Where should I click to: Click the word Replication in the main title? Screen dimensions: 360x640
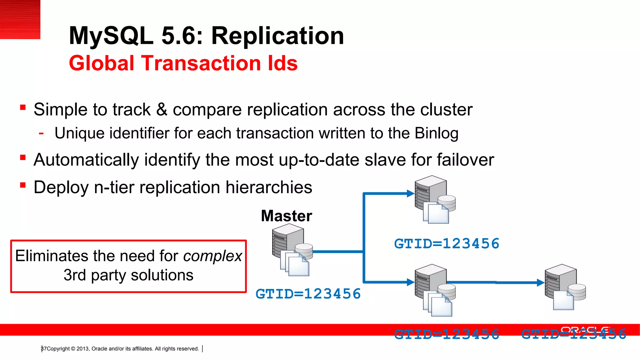277,36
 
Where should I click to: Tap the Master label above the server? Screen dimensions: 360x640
287,216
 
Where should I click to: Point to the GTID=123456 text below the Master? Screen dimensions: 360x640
308,294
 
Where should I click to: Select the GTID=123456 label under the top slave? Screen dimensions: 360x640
447,244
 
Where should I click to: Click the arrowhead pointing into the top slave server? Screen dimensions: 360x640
411,194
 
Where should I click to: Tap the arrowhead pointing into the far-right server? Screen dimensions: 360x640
541,282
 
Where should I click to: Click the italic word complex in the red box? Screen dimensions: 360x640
212,256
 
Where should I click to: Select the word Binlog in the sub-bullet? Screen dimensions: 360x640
437,133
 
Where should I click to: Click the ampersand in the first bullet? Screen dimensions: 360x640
162,109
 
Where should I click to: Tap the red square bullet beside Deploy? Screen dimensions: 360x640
23,185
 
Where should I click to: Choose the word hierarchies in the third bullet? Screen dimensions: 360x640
269,187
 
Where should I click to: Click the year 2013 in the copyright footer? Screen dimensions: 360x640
82,349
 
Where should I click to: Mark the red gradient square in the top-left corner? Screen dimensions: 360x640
20,19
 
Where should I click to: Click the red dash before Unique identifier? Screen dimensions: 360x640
41,133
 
